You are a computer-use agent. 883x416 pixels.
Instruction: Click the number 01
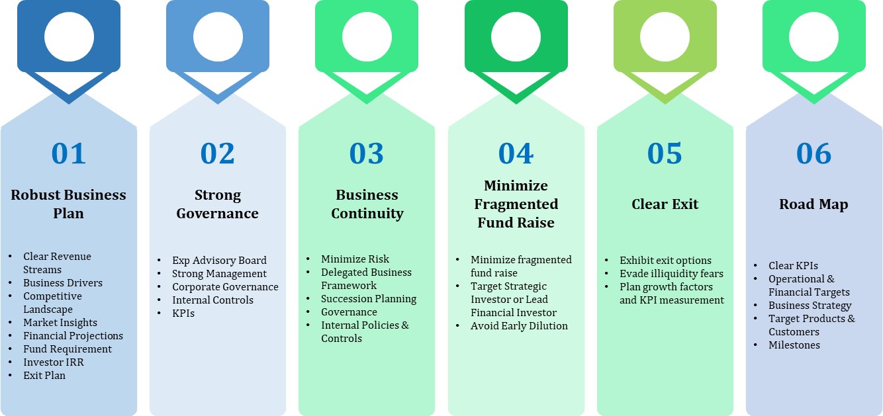click(69, 153)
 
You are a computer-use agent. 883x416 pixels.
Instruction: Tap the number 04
click(516, 153)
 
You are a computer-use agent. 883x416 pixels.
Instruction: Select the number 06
click(814, 153)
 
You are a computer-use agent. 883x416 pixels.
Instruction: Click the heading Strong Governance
click(218, 204)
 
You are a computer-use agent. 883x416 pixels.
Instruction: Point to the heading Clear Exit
click(665, 204)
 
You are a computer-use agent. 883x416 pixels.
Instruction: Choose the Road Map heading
click(813, 204)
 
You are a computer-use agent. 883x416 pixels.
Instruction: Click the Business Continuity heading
click(367, 204)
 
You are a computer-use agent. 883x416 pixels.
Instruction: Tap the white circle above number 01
click(69, 36)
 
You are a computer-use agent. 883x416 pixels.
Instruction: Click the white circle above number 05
click(665, 36)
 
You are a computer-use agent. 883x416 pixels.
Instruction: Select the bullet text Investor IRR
click(54, 362)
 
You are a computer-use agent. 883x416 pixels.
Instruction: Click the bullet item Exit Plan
click(44, 376)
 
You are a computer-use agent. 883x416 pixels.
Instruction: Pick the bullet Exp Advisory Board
click(219, 261)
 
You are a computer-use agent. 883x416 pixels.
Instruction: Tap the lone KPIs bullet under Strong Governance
click(183, 313)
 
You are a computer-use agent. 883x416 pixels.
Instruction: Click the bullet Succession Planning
click(369, 299)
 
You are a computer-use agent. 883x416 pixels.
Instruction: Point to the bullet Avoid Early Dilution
click(519, 326)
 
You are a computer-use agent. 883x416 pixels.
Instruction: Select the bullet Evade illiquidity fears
click(671, 273)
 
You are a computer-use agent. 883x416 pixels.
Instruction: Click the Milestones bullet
click(794, 345)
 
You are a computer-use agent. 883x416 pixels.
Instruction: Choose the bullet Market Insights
click(60, 323)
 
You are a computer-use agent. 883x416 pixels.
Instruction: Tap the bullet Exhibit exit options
click(665, 261)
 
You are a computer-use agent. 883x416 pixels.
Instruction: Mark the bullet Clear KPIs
click(793, 265)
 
